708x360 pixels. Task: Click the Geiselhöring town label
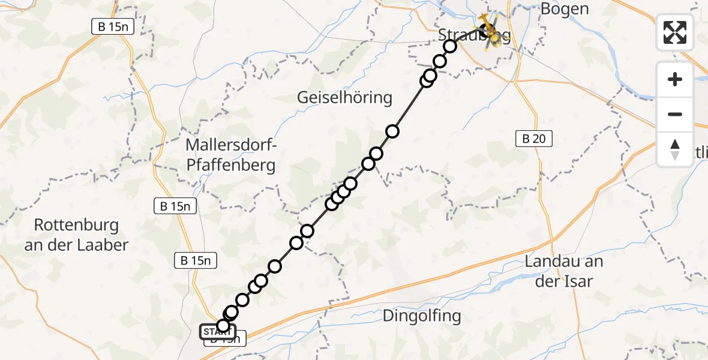[x=344, y=97]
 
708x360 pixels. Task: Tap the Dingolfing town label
[x=421, y=316]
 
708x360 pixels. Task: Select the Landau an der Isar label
[x=563, y=271]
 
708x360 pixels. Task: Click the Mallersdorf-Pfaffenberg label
[x=230, y=155]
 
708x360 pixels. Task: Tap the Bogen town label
[x=565, y=9]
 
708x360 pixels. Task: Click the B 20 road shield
[x=533, y=139]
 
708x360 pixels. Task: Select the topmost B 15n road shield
[x=112, y=26]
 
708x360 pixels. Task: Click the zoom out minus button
[x=675, y=114]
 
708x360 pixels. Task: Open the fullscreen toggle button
[x=675, y=32]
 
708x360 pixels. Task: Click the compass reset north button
[x=675, y=149]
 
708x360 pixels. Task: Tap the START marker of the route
[x=217, y=332]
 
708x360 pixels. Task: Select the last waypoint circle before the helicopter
[x=450, y=46]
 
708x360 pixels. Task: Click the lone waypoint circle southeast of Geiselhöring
[x=392, y=131]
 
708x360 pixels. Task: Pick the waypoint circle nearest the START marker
[x=223, y=326]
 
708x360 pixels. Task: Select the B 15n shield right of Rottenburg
[x=195, y=260]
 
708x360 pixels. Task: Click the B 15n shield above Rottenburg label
[x=175, y=206]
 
